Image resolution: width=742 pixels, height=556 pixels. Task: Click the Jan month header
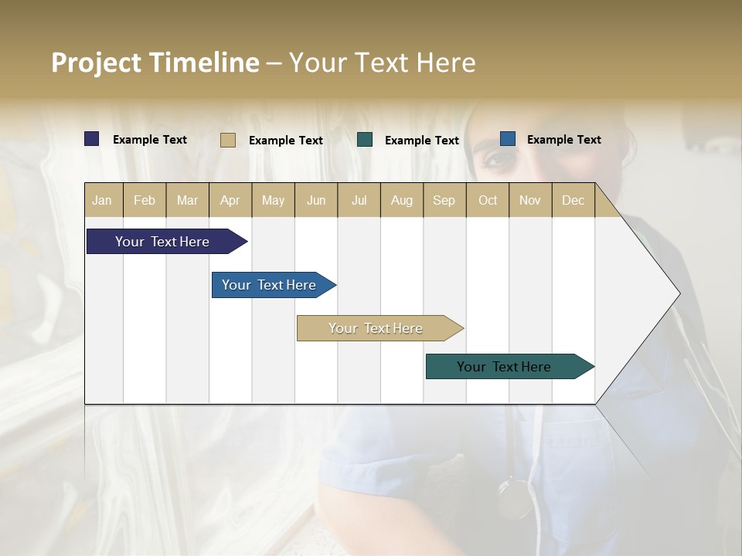[102, 200]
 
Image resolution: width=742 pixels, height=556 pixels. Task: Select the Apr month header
[230, 200]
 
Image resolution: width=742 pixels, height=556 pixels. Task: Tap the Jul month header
[359, 200]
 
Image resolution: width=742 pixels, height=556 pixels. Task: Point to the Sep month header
[444, 200]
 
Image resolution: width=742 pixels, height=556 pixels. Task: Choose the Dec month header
[573, 200]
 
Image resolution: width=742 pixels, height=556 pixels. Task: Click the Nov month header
[529, 200]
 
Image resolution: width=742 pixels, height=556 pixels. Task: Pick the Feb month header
[145, 200]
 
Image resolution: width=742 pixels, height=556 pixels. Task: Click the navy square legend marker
[92, 139]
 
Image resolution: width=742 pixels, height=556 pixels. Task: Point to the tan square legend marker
[228, 140]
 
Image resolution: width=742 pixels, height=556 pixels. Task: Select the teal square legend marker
[365, 139]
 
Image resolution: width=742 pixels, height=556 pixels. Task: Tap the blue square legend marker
[508, 139]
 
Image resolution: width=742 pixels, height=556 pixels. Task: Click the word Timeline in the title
[203, 63]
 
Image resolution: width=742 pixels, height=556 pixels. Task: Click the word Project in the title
[96, 63]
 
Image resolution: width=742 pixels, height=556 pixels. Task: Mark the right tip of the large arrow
[679, 293]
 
